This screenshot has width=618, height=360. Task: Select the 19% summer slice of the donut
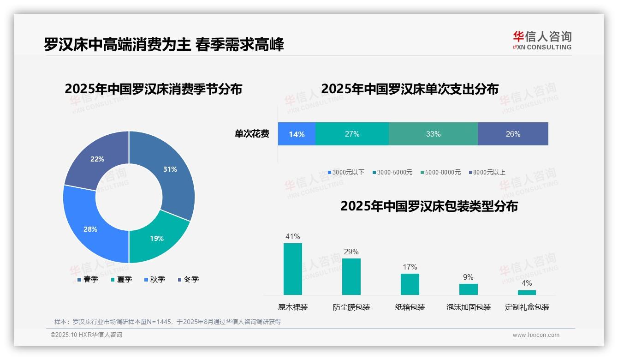(x=156, y=238)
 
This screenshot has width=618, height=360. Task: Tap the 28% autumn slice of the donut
(x=90, y=229)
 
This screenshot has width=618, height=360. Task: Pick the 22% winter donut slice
(x=97, y=159)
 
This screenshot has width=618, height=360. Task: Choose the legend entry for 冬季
(x=188, y=279)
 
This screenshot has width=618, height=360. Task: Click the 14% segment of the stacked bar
(x=297, y=134)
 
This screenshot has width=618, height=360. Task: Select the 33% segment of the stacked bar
(x=433, y=134)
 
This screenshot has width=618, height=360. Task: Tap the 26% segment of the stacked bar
(x=513, y=134)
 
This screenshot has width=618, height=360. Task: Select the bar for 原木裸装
(x=293, y=269)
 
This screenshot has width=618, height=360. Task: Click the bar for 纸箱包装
(x=410, y=284)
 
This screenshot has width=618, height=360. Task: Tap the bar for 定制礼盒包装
(x=527, y=292)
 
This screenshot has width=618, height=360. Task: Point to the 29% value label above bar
(x=351, y=252)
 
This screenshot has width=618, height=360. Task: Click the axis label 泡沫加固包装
(x=468, y=307)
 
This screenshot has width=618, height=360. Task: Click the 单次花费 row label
(x=252, y=134)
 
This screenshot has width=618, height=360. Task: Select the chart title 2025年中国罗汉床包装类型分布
(x=429, y=206)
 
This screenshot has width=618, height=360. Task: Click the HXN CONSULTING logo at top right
(x=542, y=41)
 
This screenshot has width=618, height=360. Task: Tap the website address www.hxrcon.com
(x=535, y=335)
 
